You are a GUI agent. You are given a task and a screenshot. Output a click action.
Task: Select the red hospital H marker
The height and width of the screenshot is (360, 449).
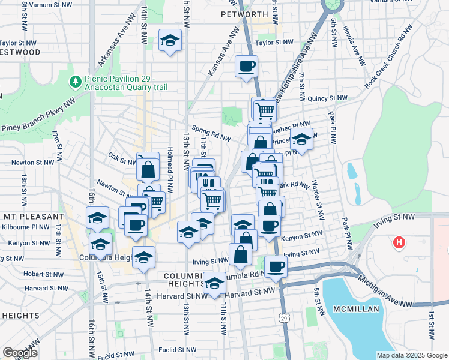(x=397, y=243)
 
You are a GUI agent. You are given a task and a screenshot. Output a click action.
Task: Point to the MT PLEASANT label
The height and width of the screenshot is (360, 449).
(x=32, y=216)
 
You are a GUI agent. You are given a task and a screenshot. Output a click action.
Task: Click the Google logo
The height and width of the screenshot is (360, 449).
(x=20, y=353)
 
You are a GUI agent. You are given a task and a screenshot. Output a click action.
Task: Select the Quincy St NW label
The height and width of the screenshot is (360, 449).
(x=327, y=98)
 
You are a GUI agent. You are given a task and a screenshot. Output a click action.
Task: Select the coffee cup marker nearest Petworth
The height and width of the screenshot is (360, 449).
(x=246, y=66)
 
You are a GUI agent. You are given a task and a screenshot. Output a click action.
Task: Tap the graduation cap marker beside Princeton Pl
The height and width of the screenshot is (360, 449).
(x=302, y=139)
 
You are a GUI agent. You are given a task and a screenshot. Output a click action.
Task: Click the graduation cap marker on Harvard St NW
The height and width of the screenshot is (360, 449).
(x=214, y=284)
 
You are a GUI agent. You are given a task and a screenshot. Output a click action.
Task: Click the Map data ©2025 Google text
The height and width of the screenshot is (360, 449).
(x=411, y=355)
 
